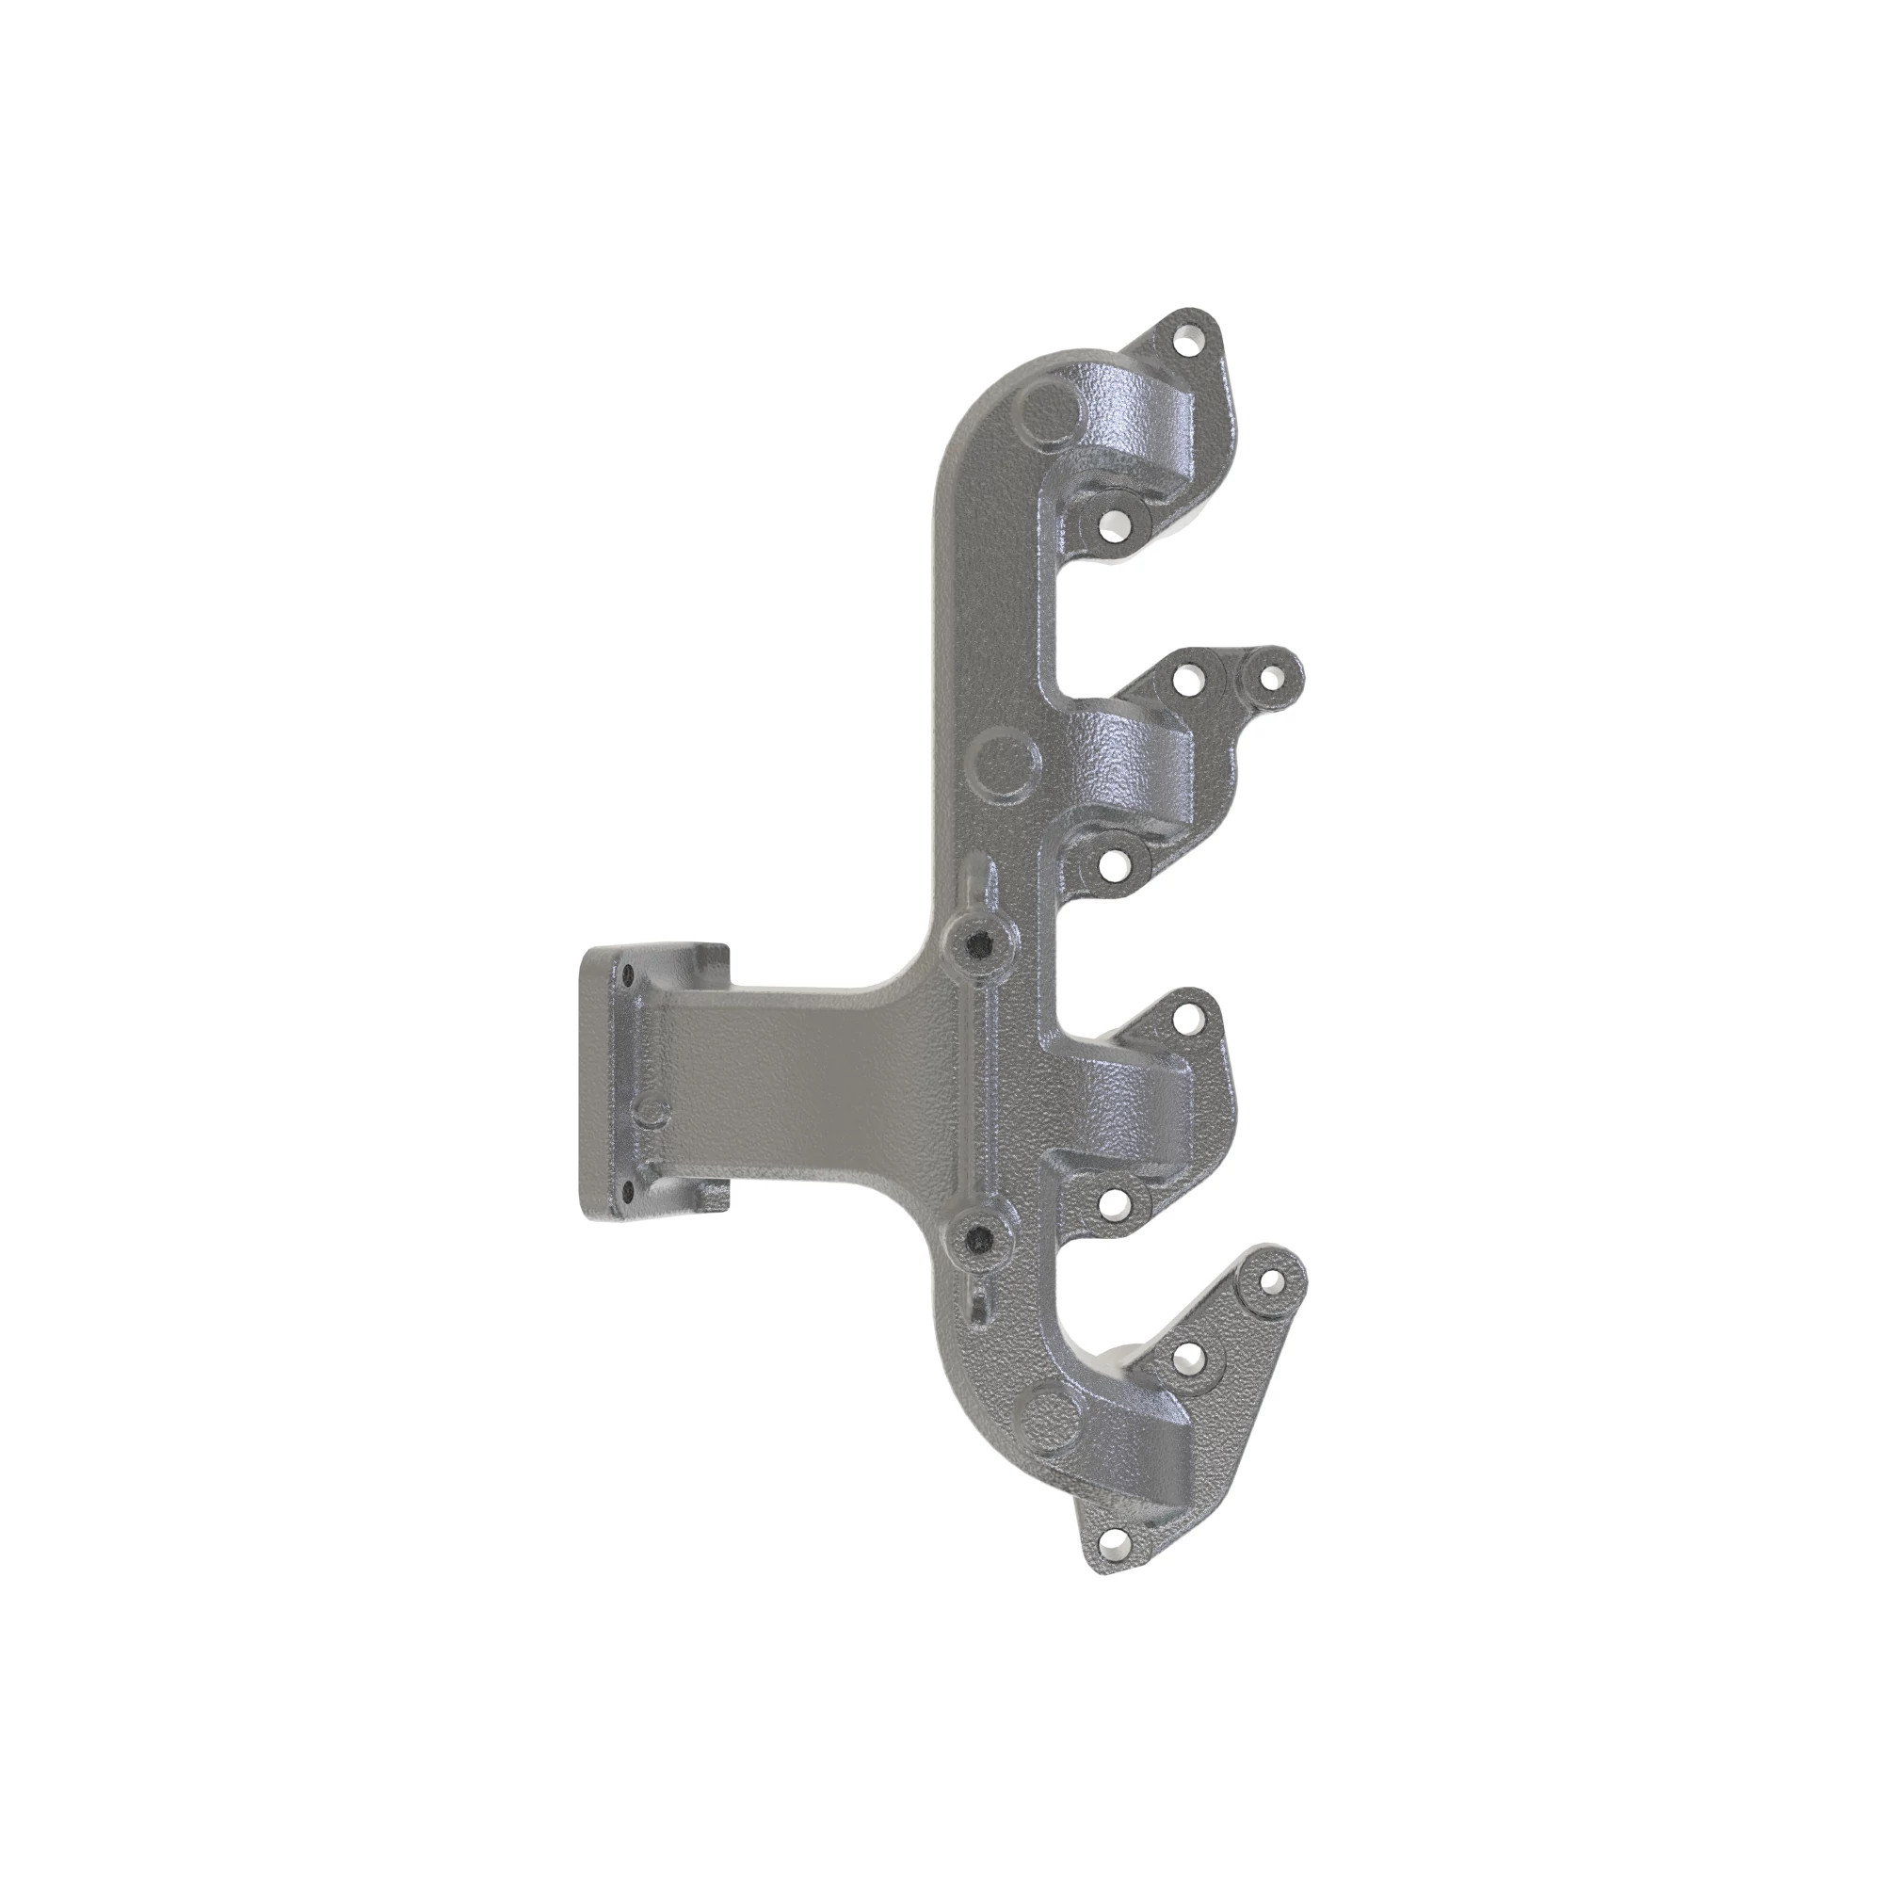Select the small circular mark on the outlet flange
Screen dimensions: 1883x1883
click(x=652, y=1114)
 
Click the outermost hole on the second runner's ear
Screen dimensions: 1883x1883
click(x=1268, y=674)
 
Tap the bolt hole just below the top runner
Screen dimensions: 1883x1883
click(x=1111, y=527)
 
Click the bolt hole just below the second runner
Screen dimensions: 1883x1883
click(x=1111, y=861)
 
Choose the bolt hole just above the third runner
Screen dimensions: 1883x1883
click(x=1186, y=1019)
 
